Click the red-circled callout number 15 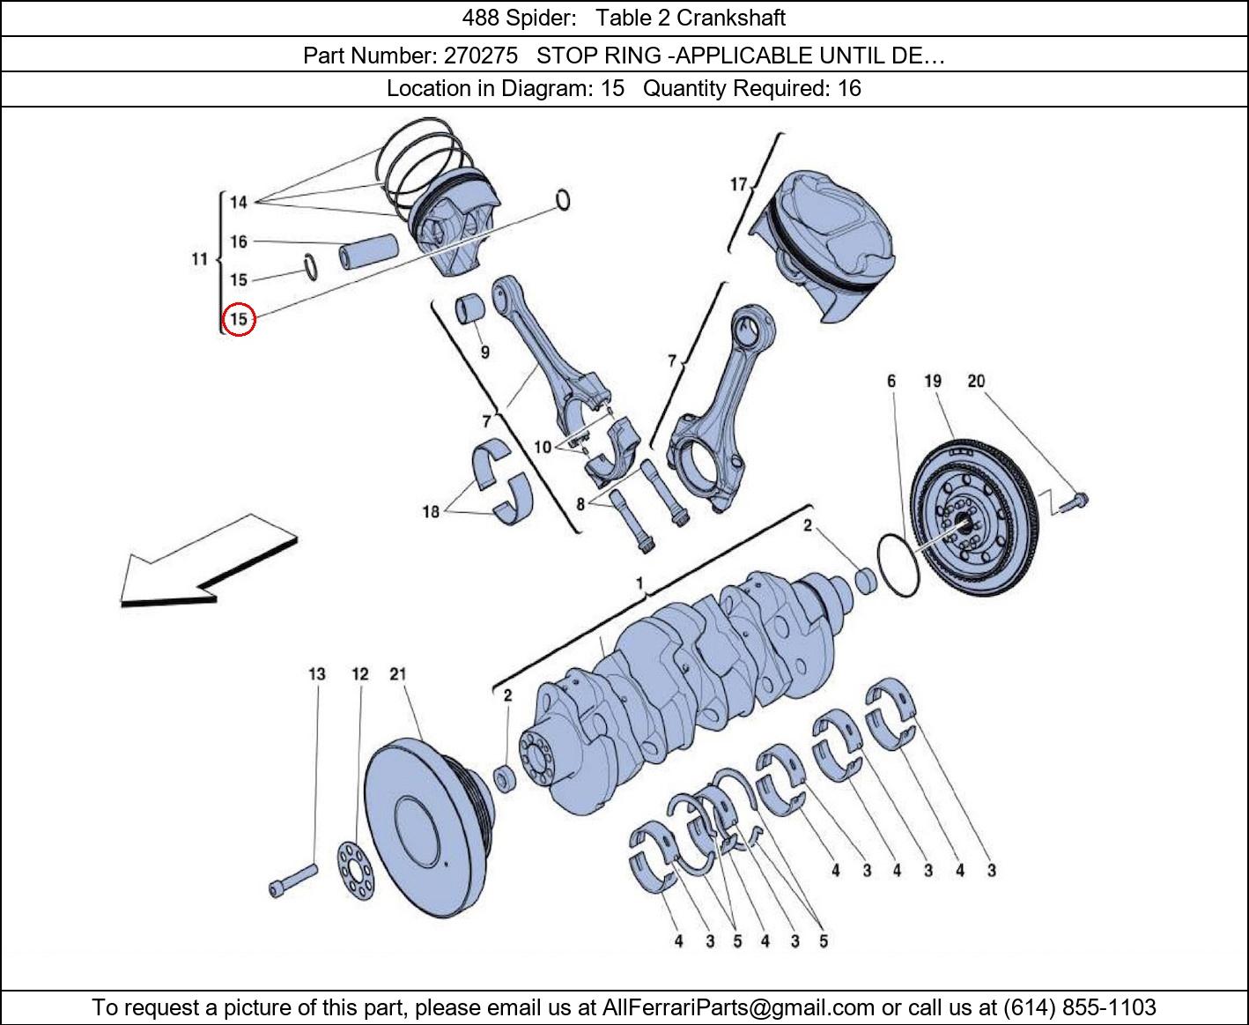[239, 319]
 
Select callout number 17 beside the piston [738, 184]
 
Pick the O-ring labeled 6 [898, 564]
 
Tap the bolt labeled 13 [292, 880]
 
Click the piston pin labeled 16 [370, 253]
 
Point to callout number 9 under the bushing [484, 353]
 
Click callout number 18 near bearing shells [431, 511]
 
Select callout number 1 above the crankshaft [640, 583]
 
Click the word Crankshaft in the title [730, 18]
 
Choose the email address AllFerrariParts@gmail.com [737, 1007]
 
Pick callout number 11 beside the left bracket [200, 259]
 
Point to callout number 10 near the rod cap [543, 447]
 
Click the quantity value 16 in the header [849, 88]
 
